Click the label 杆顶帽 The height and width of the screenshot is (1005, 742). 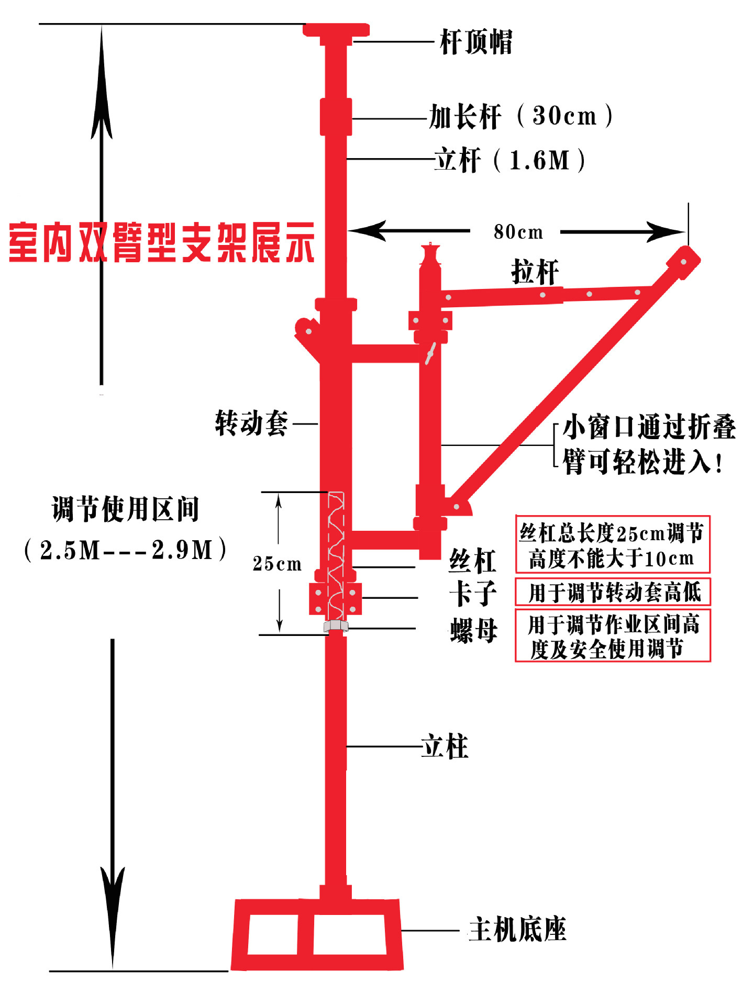tap(475, 42)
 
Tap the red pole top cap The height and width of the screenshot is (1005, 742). tap(336, 30)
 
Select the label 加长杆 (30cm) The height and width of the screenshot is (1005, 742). tap(520, 116)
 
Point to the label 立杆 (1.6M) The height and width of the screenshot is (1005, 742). tap(510, 160)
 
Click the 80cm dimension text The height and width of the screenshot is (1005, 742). tap(518, 232)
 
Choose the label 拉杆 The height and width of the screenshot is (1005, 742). tap(535, 272)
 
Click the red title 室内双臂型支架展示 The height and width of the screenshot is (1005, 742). tap(161, 242)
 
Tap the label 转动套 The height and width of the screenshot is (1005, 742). tap(251, 423)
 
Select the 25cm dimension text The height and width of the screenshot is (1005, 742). tap(277, 563)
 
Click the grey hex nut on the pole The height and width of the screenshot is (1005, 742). tap(336, 626)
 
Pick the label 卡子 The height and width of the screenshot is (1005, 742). tap(472, 594)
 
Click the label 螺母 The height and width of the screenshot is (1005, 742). tap(473, 630)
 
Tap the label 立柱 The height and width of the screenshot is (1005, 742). tap(445, 746)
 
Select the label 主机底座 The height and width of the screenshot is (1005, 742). tap(517, 930)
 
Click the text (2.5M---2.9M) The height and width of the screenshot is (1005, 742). tap(126, 550)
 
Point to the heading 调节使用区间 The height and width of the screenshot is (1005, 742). tap(126, 509)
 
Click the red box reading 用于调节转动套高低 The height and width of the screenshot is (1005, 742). tap(613, 592)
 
